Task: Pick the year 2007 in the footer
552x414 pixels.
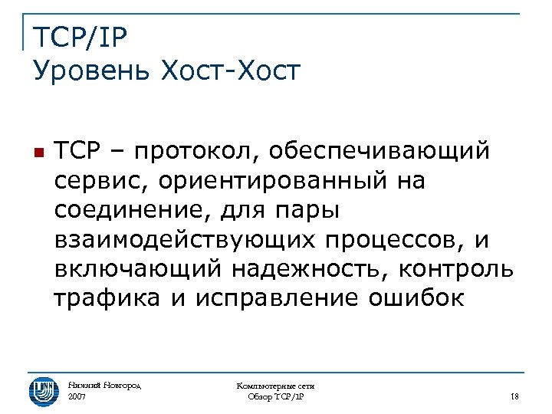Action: pos(77,396)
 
